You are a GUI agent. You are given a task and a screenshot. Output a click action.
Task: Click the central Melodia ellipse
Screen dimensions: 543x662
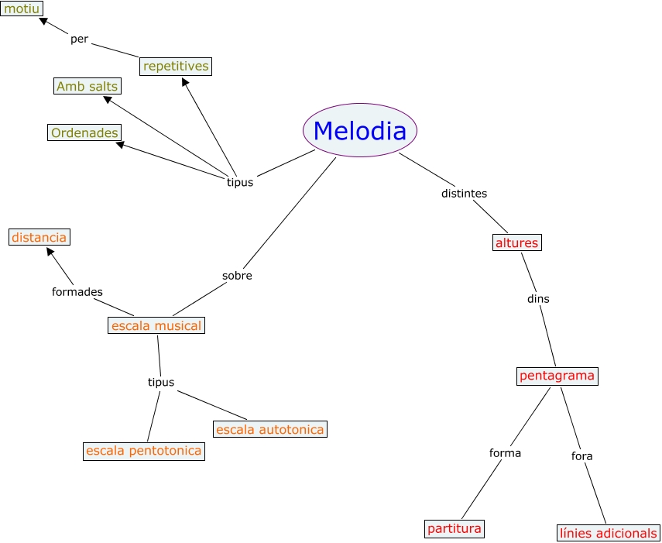coord(360,131)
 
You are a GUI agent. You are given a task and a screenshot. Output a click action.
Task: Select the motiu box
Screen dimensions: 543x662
coord(22,9)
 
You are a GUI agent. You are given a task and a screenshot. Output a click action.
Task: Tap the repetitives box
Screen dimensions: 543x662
coord(176,67)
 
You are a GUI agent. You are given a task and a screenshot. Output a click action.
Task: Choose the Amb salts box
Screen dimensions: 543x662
coord(87,86)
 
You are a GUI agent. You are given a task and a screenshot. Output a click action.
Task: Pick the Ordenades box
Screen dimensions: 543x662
coord(84,133)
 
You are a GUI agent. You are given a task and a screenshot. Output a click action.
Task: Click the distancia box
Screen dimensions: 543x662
coord(39,237)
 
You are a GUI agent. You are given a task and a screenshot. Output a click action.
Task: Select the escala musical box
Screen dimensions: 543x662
coord(156,325)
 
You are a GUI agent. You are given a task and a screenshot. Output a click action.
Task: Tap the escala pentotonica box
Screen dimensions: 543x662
coord(144,451)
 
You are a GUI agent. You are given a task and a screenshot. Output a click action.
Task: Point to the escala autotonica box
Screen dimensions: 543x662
coord(269,429)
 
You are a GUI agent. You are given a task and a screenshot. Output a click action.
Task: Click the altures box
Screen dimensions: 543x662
coord(516,243)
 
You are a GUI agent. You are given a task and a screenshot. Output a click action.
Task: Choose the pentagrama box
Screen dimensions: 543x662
coord(557,376)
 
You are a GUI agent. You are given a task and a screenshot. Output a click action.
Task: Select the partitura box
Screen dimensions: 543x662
coord(454,529)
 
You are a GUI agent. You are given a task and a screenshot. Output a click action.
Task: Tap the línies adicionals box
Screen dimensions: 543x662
coord(609,533)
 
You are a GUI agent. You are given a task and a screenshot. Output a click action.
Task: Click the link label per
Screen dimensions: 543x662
coord(79,39)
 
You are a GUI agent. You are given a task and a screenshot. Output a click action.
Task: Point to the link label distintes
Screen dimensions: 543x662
coord(464,194)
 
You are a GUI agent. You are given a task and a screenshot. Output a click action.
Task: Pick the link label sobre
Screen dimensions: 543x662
coord(237,276)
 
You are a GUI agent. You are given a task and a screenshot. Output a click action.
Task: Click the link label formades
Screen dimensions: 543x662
coord(77,292)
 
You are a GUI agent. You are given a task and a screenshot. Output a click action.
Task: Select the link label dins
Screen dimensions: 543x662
coord(538,298)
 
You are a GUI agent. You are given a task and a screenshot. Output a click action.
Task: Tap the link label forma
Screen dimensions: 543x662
coord(505,453)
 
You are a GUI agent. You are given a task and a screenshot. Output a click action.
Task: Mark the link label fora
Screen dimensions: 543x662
coord(581,456)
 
